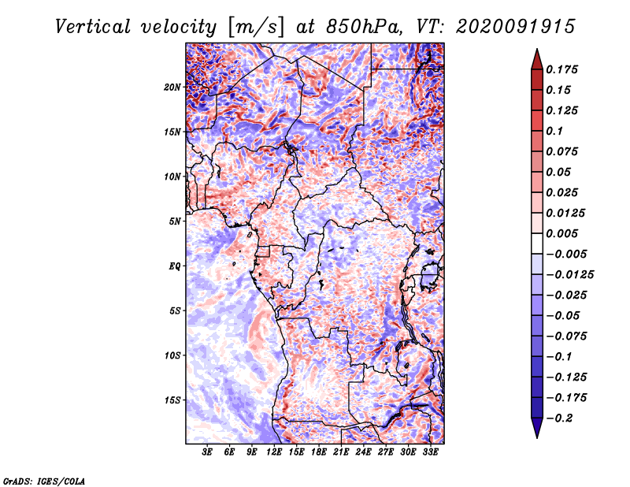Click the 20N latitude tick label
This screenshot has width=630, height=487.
tap(172, 87)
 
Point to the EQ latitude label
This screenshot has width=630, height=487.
tap(175, 266)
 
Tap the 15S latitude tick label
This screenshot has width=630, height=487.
tap(172, 400)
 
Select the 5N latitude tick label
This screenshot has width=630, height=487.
tap(175, 221)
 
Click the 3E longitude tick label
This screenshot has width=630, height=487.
tap(207, 452)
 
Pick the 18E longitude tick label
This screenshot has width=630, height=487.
tap(319, 452)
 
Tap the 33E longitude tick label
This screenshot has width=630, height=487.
tap(430, 452)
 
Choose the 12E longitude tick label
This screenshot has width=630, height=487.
tap(274, 452)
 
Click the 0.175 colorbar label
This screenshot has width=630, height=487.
tap(562, 69)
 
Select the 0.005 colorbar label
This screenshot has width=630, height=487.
tap(562, 233)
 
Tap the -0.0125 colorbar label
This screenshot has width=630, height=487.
tap(570, 275)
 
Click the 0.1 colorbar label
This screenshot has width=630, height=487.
tap(554, 131)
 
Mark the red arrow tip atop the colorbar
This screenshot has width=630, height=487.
tap(537, 49)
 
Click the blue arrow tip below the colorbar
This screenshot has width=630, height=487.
tap(537, 437)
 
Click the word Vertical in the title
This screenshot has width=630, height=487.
tap(92, 27)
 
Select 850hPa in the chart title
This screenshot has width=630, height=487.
tap(365, 27)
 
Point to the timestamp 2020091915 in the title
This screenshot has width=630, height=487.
tap(516, 27)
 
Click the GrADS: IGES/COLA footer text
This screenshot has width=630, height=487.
tap(44, 481)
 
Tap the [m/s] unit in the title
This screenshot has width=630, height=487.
tap(257, 27)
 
